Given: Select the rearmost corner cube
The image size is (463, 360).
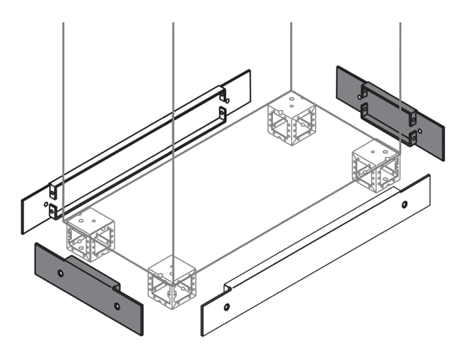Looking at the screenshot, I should (291, 119).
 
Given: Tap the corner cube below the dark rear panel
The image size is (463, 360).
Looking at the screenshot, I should (376, 167).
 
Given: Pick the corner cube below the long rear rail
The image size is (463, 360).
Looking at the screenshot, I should (90, 234).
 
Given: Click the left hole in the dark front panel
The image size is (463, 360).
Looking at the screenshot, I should (61, 274).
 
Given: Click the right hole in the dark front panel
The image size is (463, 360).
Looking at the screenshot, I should (117, 306).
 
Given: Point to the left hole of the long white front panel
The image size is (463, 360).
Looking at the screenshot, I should (227, 307).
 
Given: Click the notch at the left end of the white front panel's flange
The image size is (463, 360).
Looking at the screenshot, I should (226, 287).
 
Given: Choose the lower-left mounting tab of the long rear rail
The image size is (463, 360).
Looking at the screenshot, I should (53, 212).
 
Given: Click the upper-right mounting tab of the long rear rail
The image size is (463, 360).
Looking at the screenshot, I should (222, 95).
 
